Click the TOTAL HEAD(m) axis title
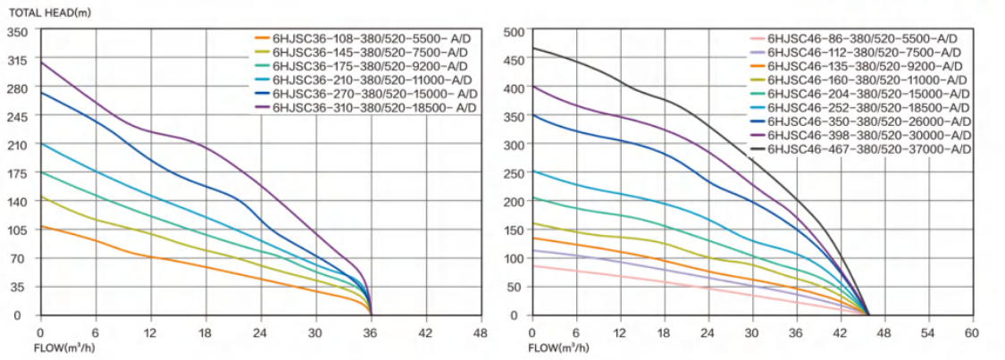pyautogui.click(x=43, y=13)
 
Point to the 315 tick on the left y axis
pyautogui.click(x=19, y=60)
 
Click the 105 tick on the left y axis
pyautogui.click(x=19, y=230)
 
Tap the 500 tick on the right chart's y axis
pyautogui.click(x=511, y=32)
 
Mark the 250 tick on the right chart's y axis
pyautogui.click(x=511, y=174)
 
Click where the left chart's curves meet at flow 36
pyautogui.click(x=371, y=314)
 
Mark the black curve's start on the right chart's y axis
pyautogui.click(x=533, y=48)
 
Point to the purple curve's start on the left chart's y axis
pyautogui.click(x=41, y=63)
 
